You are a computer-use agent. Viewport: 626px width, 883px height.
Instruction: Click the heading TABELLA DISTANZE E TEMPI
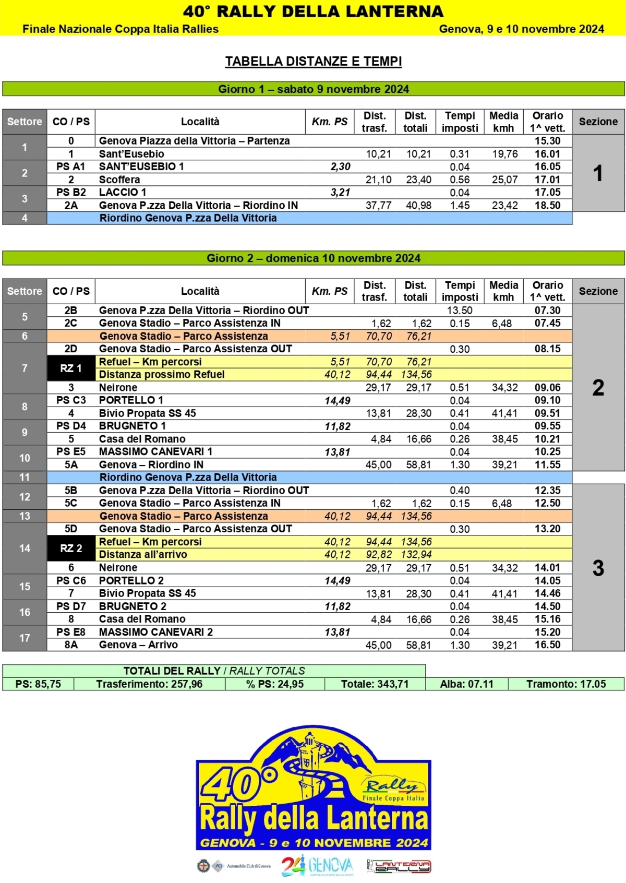coord(313,62)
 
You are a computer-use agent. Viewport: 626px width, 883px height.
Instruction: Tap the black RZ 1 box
coord(71,368)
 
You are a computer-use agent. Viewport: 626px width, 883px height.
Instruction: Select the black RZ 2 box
coord(71,548)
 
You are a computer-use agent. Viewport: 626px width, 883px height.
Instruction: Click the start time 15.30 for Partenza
coord(547,141)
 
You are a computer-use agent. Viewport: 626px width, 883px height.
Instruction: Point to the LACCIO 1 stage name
coord(123,193)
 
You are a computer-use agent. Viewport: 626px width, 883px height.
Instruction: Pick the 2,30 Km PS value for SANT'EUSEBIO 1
coord(340,167)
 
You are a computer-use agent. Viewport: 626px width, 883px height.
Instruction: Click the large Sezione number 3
coord(598,568)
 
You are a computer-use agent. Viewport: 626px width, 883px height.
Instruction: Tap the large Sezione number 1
coord(598,173)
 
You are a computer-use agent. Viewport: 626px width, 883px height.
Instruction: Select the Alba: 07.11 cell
coord(466,684)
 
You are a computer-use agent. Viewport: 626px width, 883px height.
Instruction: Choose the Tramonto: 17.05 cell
coord(566,684)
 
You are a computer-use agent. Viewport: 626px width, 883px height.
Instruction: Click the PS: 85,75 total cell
coord(38,684)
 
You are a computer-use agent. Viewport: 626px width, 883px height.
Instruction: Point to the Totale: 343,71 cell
coord(375,684)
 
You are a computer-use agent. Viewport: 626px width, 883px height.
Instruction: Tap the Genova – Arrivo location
coord(138,645)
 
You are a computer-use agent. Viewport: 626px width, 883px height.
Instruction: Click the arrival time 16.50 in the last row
coord(547,645)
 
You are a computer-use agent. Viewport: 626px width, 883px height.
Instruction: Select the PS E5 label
coord(71,452)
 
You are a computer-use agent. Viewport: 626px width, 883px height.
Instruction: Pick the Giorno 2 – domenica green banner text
coord(313,258)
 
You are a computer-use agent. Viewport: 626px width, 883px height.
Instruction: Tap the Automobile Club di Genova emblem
coord(203,866)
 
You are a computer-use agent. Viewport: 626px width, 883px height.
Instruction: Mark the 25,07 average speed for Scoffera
coord(504,180)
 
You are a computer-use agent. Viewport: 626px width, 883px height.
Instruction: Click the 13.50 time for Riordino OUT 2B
coord(460,311)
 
